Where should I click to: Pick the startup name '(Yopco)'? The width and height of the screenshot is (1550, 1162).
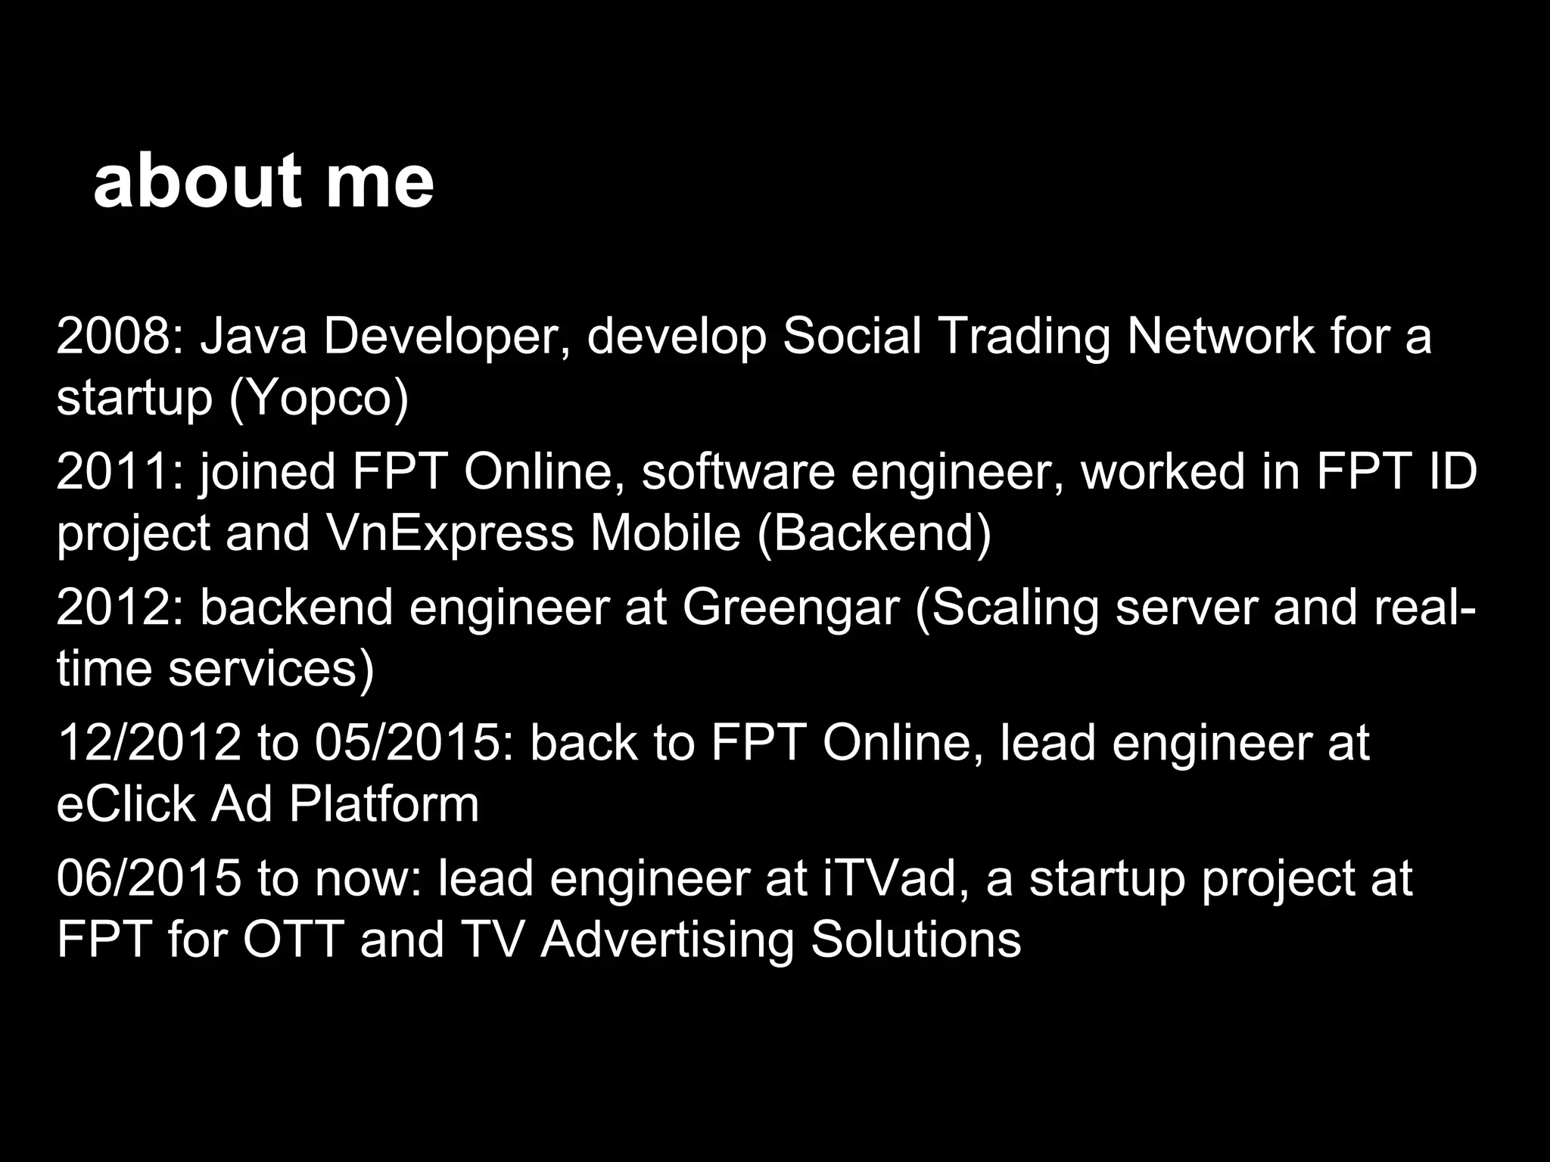pos(319,399)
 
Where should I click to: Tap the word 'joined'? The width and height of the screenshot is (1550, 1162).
pos(268,473)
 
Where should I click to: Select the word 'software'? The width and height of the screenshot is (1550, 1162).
pos(738,471)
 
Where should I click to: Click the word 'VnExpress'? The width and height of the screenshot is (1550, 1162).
pos(450,533)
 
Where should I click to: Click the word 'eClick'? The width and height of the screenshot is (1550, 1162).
pos(126,803)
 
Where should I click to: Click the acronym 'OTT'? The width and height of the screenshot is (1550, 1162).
pos(292,940)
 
